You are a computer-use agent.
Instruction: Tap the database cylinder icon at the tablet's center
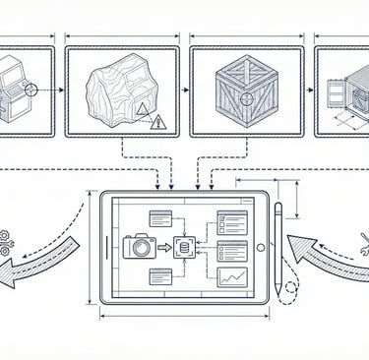tap(180, 247)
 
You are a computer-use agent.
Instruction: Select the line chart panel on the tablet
tap(233, 279)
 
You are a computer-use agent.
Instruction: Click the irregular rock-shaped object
tap(118, 93)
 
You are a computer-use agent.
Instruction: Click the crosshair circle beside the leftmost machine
tap(31, 89)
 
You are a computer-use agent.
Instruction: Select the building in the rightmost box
tap(344, 93)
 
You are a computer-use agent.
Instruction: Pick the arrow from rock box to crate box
tap(184, 90)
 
